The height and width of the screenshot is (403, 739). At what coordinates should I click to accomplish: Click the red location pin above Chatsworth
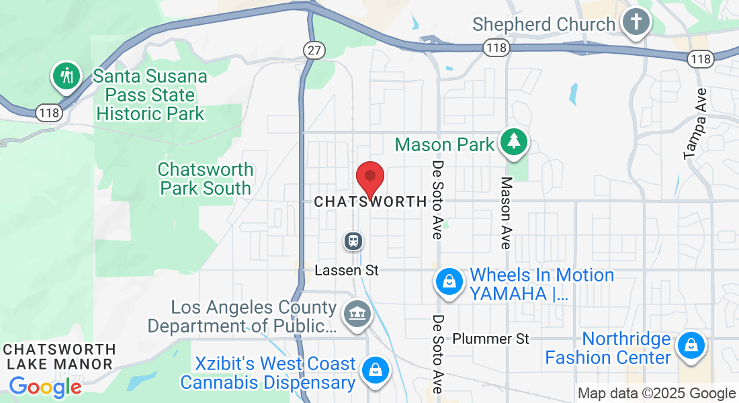[369, 179]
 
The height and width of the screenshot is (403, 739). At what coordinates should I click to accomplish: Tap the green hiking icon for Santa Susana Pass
[67, 76]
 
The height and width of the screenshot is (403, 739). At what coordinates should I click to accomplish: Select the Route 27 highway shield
[313, 50]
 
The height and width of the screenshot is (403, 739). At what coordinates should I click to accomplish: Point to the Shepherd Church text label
[544, 25]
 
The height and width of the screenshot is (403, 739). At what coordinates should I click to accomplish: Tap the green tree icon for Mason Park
[514, 142]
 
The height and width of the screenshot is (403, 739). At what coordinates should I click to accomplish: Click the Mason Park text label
[445, 144]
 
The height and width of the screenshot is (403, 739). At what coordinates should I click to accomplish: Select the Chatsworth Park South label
[206, 179]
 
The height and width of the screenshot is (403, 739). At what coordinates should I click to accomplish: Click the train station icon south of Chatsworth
[353, 240]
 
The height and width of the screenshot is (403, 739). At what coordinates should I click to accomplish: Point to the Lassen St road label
[347, 270]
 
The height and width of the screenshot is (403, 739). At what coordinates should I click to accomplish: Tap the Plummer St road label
[490, 339]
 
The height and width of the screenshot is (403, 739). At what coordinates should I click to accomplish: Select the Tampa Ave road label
[695, 124]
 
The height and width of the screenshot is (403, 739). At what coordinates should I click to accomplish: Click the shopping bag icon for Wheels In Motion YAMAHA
[449, 282]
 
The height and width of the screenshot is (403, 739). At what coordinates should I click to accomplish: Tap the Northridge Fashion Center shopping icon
[690, 346]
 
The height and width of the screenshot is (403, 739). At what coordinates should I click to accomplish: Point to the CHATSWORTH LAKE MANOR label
[59, 357]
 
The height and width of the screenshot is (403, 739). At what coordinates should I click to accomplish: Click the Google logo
[45, 388]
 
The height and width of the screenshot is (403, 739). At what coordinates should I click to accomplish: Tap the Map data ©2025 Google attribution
[657, 394]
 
